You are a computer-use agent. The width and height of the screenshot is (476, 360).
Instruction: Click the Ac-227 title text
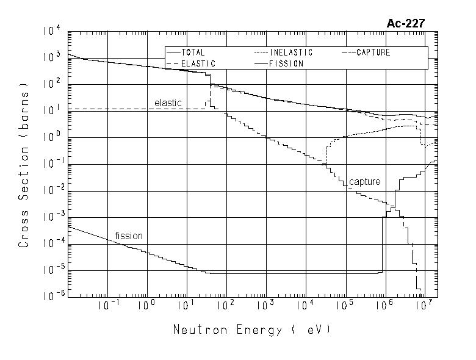pyautogui.click(x=406, y=24)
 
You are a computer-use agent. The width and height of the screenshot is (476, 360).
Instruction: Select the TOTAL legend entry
pyautogui.click(x=193, y=52)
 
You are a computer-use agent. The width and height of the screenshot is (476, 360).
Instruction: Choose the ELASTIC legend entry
pyautogui.click(x=197, y=63)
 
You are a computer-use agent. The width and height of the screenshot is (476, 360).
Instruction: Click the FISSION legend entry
pyautogui.click(x=286, y=63)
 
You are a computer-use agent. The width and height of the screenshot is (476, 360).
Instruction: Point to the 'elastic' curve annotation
pyautogui.click(x=168, y=103)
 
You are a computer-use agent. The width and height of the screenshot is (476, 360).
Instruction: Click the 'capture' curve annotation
pyautogui.click(x=364, y=182)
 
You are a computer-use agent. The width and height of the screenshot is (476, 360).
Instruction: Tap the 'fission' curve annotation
pyautogui.click(x=129, y=236)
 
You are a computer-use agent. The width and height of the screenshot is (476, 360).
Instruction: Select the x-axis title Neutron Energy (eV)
pyautogui.click(x=251, y=330)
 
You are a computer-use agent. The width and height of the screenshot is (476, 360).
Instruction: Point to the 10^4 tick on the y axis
pyautogui.click(x=53, y=29)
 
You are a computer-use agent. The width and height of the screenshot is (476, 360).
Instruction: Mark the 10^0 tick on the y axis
pyautogui.click(x=53, y=137)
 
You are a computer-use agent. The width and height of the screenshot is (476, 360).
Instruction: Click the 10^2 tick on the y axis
pyautogui.click(x=53, y=83)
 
